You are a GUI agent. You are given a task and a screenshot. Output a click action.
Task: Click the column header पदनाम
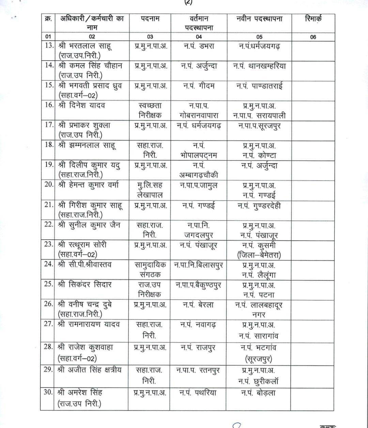click(x=150, y=19)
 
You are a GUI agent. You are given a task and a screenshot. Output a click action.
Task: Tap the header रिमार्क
click(x=313, y=19)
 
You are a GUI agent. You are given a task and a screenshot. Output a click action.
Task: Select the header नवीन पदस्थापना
click(x=259, y=19)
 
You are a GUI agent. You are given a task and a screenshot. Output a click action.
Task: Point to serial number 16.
click(x=49, y=105)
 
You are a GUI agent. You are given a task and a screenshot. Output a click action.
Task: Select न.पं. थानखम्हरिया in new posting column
click(x=259, y=66)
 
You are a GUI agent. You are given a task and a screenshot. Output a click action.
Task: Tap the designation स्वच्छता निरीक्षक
click(x=150, y=110)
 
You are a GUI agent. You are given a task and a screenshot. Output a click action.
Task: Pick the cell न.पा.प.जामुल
click(x=199, y=186)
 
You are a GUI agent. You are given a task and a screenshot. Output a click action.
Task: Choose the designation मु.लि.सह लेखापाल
click(x=150, y=190)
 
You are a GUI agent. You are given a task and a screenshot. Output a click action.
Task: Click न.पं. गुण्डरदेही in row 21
click(x=259, y=206)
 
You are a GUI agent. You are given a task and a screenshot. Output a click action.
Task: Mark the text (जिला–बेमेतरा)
click(x=259, y=255)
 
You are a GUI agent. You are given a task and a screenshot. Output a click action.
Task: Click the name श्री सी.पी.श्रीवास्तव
click(x=85, y=265)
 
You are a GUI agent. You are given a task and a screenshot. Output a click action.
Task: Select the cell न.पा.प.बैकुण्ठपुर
click(x=199, y=285)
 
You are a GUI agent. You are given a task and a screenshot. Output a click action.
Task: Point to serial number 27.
click(x=48, y=324)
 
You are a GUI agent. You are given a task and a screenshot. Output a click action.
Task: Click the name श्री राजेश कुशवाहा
click(x=85, y=348)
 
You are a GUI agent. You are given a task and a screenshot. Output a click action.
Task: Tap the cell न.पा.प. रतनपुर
click(x=199, y=370)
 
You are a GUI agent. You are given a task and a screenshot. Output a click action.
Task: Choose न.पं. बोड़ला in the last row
click(x=259, y=393)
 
